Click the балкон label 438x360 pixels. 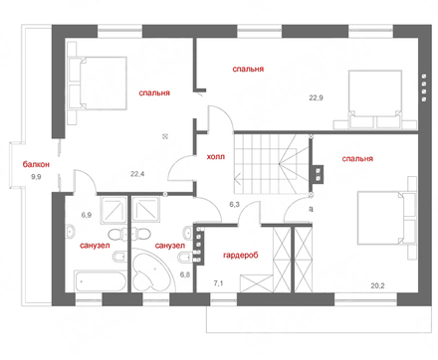point(36,164)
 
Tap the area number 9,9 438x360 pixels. point(36,177)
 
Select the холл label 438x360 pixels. point(216,156)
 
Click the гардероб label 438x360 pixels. point(241,256)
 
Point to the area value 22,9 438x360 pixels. point(317,97)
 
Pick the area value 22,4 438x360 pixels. point(137,174)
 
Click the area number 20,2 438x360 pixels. point(377,285)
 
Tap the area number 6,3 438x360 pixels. point(234,205)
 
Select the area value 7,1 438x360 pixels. point(218,283)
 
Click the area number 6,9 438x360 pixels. point(87,215)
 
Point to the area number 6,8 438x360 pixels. point(185,274)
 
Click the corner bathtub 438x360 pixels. point(152,270)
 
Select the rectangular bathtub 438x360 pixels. point(101,281)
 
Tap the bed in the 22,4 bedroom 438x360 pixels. point(98,84)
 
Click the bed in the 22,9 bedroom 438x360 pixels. point(375,99)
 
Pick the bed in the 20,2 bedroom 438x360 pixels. point(386,218)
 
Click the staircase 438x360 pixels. point(272,164)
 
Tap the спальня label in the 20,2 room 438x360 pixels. point(357,159)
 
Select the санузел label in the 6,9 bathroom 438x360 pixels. point(95,246)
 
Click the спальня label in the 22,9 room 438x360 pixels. point(248,69)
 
